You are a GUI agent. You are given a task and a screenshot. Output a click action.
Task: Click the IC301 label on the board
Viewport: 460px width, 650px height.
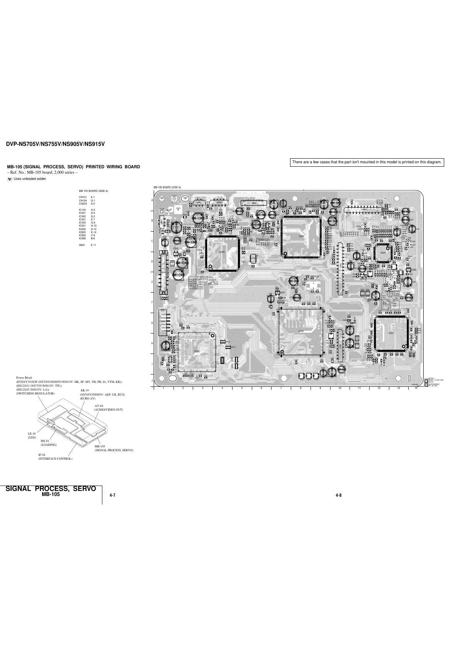(x=222, y=252)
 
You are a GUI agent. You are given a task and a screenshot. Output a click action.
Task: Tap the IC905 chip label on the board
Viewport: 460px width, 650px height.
(x=302, y=235)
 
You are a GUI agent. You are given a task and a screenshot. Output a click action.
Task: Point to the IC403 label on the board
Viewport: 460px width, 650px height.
(x=301, y=331)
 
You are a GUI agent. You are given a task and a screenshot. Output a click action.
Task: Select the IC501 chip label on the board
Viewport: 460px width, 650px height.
(x=391, y=333)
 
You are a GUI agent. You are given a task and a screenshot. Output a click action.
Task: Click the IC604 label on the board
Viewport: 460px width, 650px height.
(x=383, y=252)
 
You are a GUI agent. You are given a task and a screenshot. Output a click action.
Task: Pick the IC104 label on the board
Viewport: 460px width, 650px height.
(x=197, y=351)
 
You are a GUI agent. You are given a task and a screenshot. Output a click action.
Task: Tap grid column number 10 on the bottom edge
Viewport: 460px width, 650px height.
(x=340, y=388)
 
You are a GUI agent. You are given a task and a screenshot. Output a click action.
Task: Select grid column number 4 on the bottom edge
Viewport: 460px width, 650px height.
(x=222, y=388)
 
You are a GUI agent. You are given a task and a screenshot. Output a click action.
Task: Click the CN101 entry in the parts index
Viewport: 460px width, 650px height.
(x=83, y=197)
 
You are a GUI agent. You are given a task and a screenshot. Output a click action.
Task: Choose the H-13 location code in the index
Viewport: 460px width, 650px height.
(x=93, y=225)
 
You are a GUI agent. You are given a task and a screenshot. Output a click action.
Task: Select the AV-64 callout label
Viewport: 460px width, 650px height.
(x=99, y=406)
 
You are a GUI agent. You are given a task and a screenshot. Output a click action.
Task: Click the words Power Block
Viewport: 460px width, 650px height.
(x=24, y=377)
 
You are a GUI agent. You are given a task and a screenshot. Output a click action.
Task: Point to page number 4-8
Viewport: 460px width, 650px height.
(x=339, y=495)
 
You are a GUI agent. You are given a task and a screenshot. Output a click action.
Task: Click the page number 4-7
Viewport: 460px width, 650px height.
(x=113, y=495)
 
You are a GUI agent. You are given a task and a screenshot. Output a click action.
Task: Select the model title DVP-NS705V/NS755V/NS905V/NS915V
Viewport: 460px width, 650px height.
(x=55, y=144)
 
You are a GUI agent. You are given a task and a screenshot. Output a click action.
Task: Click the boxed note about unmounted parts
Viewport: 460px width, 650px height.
(x=367, y=162)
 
